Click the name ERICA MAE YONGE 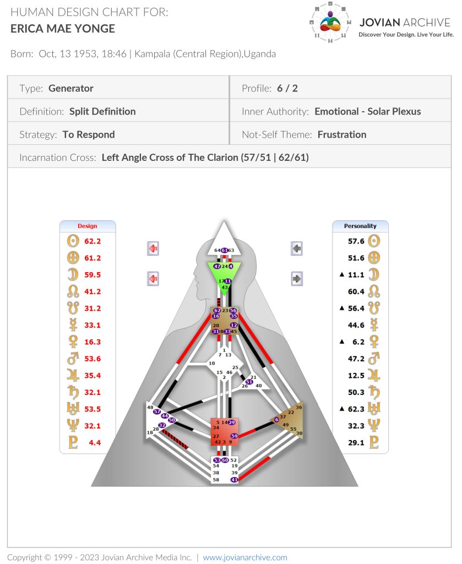pos(63,29)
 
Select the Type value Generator pos(71,88)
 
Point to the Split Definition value pos(102,111)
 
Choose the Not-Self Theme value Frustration pos(342,134)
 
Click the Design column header pos(88,226)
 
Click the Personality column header pos(360,226)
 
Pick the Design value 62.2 pos(93,241)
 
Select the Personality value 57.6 pos(356,241)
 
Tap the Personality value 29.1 pos(356,443)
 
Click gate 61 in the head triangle pos(224,250)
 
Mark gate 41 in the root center pos(234,480)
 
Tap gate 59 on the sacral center pos(234,436)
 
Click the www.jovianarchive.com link pos(245,557)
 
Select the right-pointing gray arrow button pos(297,279)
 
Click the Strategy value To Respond pos(89,134)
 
